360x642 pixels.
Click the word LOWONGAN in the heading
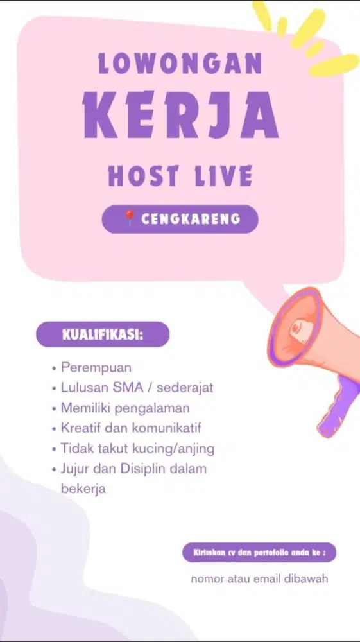click(180, 64)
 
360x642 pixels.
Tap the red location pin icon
click(130, 219)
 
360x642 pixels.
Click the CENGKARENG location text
click(191, 219)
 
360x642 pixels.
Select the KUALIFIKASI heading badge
click(103, 334)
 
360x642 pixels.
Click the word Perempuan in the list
click(96, 368)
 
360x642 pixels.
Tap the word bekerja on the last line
click(83, 488)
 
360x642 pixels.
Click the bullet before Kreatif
click(53, 428)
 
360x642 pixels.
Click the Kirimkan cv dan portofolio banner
click(259, 552)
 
